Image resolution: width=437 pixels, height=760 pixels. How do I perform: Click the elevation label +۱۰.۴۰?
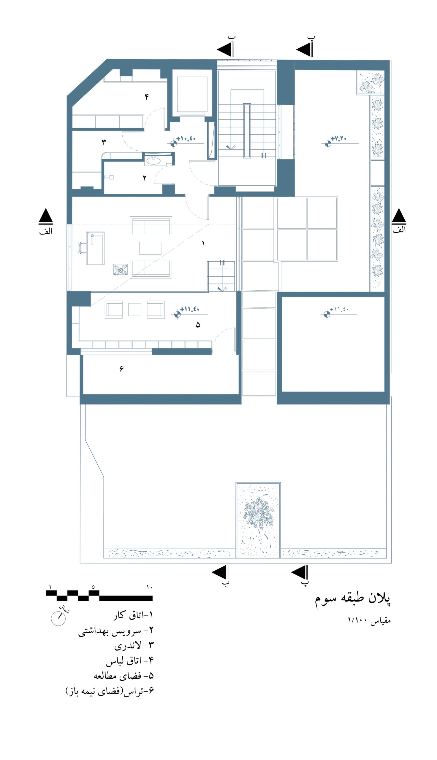click(x=186, y=139)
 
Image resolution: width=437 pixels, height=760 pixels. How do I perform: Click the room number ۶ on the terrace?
click(x=121, y=369)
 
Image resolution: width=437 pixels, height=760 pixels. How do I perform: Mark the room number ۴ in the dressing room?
click(x=147, y=96)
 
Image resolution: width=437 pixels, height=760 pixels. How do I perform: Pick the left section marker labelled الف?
click(x=46, y=221)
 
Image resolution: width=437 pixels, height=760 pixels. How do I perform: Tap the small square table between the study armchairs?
click(x=135, y=310)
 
